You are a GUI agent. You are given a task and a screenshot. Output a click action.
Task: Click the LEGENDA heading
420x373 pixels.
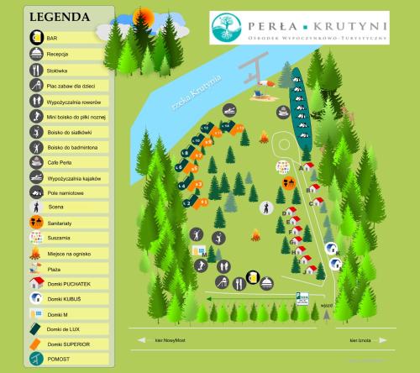(59, 17)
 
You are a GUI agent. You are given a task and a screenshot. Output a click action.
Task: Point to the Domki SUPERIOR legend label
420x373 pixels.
(69, 344)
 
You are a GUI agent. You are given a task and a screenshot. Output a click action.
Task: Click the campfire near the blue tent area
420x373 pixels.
(264, 137)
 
